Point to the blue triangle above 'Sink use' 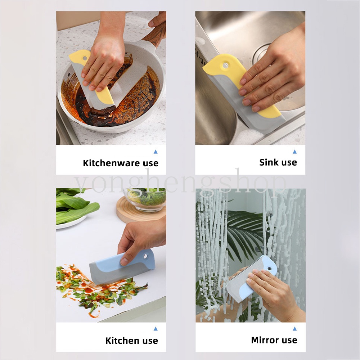(x=294, y=152)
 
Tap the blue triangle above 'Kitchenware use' (x=156, y=152)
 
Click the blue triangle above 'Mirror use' (x=294, y=329)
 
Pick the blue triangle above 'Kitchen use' (x=156, y=329)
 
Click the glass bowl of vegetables (x=146, y=198)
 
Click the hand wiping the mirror (x=274, y=292)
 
